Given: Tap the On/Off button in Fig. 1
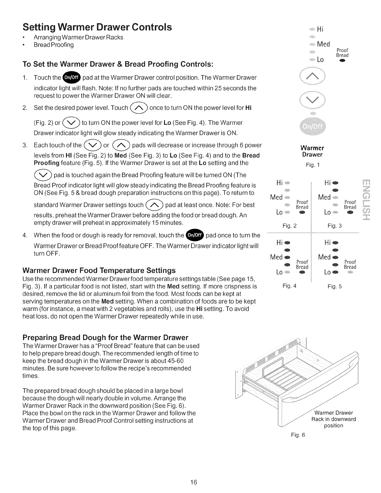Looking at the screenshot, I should [x=312, y=127].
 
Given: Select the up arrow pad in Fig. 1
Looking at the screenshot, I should [x=312, y=76].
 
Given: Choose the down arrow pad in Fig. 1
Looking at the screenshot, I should [x=312, y=99].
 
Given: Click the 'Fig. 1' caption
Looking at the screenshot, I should [x=312, y=165].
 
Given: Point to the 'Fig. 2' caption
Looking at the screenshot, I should [x=289, y=226].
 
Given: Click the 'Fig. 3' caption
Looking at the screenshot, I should [x=335, y=226].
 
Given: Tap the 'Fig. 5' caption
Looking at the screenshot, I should [x=335, y=286].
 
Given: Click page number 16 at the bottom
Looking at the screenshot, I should [x=193, y=482].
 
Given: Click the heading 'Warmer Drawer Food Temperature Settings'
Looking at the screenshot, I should [x=99, y=270].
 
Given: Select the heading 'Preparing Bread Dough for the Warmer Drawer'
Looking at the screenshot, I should [x=106, y=337].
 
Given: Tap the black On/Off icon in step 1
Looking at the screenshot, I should [x=72, y=77].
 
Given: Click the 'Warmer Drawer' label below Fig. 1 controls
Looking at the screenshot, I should [x=312, y=151].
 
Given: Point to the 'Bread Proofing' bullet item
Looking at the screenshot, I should [x=54, y=45].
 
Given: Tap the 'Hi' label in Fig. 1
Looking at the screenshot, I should [x=321, y=29].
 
